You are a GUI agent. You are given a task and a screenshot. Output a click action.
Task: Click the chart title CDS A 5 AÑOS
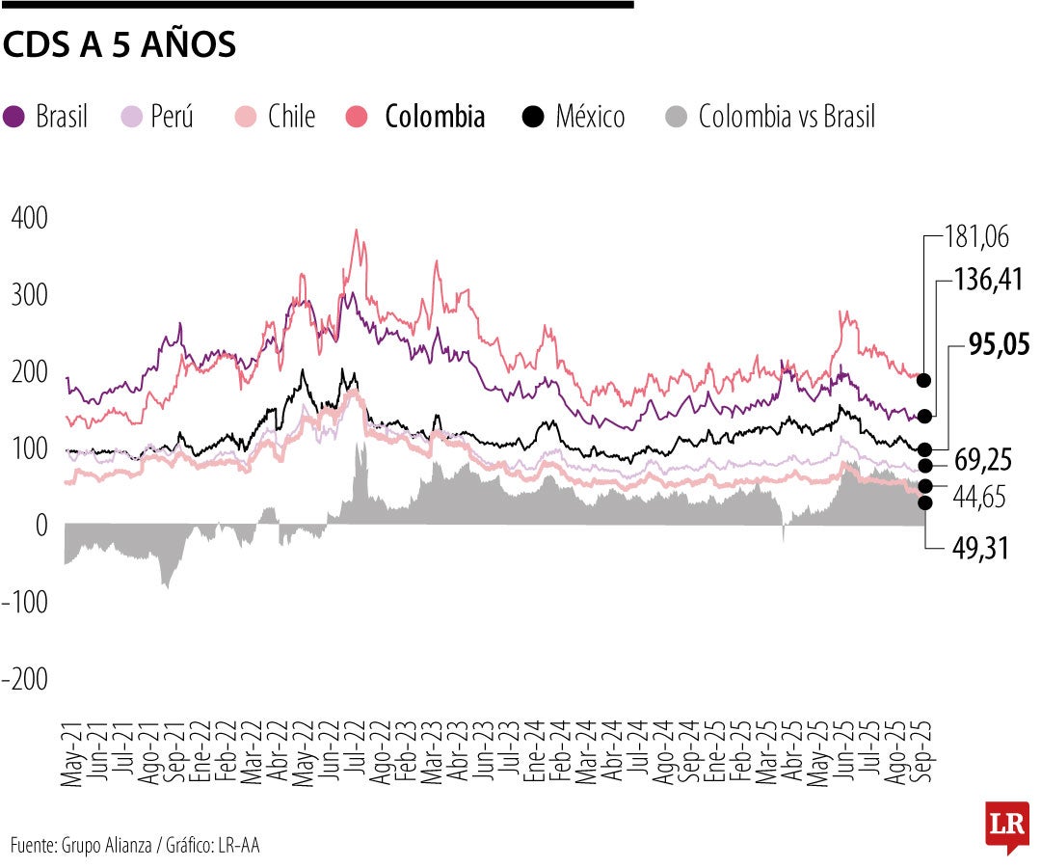pyautogui.click(x=120, y=44)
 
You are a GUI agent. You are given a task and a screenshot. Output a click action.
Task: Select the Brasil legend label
pyautogui.click(x=62, y=118)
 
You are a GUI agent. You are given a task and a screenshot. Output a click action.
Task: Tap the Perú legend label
pyautogui.click(x=172, y=118)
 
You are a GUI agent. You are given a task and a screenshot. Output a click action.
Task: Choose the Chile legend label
pyautogui.click(x=291, y=118)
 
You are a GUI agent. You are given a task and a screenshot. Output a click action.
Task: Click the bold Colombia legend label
pyautogui.click(x=434, y=118)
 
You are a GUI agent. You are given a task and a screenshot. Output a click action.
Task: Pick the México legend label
pyautogui.click(x=590, y=118)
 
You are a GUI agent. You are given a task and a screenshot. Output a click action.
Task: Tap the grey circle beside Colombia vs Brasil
pyautogui.click(x=678, y=118)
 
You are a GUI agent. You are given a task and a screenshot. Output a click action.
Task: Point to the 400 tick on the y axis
pyautogui.click(x=29, y=218)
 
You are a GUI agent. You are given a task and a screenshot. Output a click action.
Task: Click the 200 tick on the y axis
pyautogui.click(x=29, y=372)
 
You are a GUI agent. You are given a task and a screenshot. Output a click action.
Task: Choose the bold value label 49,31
pyautogui.click(x=981, y=548)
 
